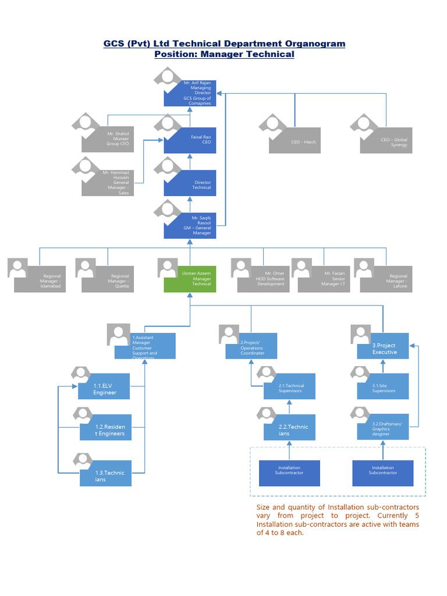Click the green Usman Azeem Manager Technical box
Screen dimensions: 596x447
coord(190,279)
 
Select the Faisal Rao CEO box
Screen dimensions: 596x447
coord(190,140)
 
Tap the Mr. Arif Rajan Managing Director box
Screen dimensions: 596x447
coord(190,93)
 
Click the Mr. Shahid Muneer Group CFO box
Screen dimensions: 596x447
coord(108,139)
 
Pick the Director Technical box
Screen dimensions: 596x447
coord(190,183)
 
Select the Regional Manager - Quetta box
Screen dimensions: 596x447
coord(108,279)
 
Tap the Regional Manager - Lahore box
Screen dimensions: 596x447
coord(386,279)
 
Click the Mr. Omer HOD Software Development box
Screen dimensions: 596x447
coord(263,279)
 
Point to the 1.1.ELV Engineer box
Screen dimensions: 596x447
coord(105,389)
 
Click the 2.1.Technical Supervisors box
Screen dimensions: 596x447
coord(289,386)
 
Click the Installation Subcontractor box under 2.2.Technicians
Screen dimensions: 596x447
coord(289,473)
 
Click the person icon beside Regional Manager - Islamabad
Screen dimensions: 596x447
coord(18,268)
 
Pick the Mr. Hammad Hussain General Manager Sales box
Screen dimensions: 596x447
coord(108,182)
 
